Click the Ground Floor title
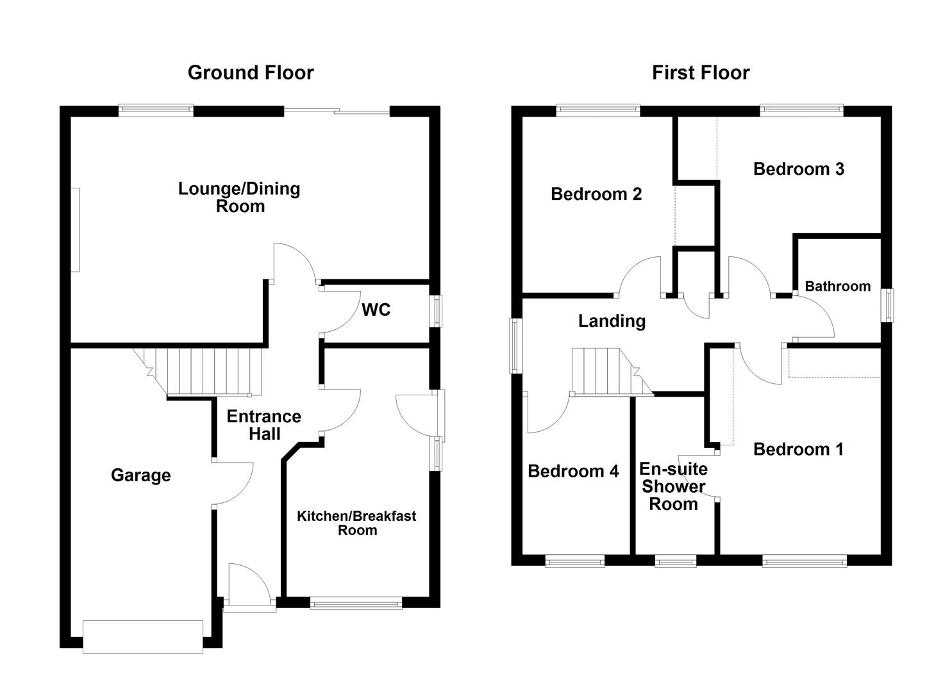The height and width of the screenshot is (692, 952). tap(251, 73)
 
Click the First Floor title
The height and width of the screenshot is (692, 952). tap(700, 73)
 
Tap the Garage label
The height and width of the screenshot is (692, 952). tap(140, 475)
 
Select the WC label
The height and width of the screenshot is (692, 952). tap(376, 310)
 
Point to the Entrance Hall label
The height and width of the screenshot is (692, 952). tap(263, 425)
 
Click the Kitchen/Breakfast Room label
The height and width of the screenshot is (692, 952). tap(356, 523)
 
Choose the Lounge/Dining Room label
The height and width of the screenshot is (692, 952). tap(239, 197)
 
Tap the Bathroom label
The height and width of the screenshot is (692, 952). tap(837, 286)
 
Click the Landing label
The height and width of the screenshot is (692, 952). tap(612, 321)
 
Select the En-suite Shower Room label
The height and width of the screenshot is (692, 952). tap(673, 487)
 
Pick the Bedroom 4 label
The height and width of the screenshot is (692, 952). tap(573, 472)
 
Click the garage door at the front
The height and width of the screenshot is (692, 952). tap(143, 636)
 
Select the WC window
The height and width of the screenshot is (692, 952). tap(435, 310)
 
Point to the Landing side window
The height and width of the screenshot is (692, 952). tap(515, 345)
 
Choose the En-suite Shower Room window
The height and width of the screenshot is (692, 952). tap(675, 561)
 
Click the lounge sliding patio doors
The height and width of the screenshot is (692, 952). tap(337, 111)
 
